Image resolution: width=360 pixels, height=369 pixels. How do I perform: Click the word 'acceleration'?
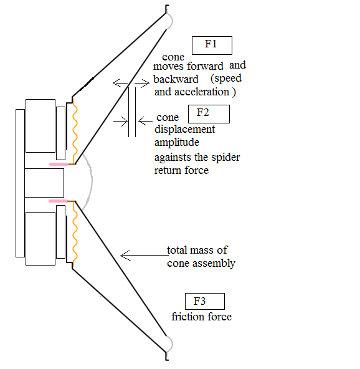202,92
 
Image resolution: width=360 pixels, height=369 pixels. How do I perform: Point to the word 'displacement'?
185,130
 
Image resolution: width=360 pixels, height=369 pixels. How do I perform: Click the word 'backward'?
176,79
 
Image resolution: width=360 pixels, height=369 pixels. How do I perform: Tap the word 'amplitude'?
177,143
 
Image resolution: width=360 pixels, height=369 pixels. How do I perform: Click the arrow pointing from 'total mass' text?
144,255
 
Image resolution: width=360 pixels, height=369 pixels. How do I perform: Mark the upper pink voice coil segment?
59,164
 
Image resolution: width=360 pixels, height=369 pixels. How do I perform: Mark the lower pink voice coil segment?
58,201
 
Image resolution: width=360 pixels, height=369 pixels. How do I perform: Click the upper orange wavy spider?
75,131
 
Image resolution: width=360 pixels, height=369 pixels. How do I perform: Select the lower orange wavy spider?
75,234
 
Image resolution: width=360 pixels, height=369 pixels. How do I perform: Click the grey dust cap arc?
92,181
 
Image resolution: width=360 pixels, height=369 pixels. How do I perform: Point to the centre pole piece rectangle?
44,183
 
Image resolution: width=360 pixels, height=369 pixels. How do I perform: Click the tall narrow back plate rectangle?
20,183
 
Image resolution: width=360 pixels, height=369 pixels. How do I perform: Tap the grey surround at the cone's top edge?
172,21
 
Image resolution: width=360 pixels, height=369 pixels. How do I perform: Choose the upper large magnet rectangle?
40,126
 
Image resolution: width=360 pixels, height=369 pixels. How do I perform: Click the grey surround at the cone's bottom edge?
172,344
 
